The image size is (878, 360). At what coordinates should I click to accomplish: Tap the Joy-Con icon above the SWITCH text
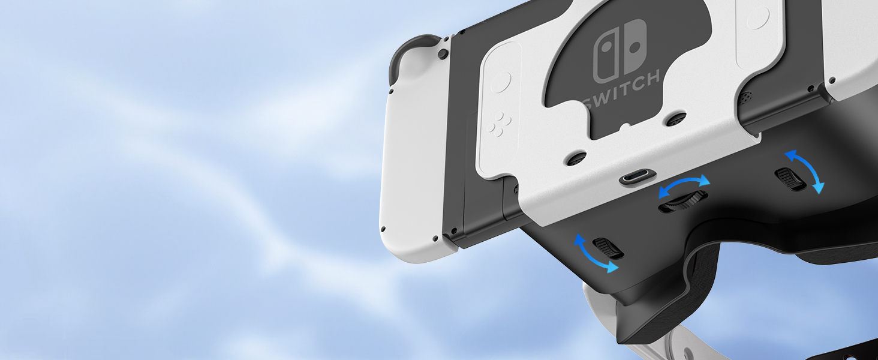(620, 52)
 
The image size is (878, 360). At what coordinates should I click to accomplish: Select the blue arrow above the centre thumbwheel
(684, 185)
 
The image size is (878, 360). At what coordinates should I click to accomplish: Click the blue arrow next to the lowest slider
(594, 255)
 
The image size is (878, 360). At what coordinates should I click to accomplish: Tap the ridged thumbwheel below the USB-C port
(682, 201)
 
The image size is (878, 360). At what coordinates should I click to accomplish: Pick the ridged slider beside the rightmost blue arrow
(790, 179)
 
